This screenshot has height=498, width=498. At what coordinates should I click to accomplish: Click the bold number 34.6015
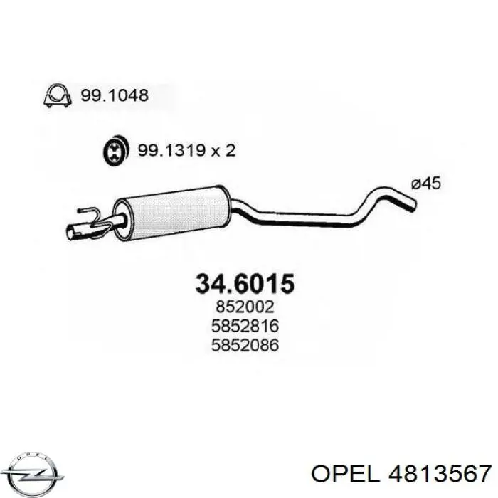coord(244,283)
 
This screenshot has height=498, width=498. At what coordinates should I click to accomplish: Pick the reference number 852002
coord(244,309)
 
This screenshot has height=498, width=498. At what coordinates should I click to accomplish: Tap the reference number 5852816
coord(244,327)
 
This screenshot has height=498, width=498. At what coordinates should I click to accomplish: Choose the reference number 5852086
coord(244,346)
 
